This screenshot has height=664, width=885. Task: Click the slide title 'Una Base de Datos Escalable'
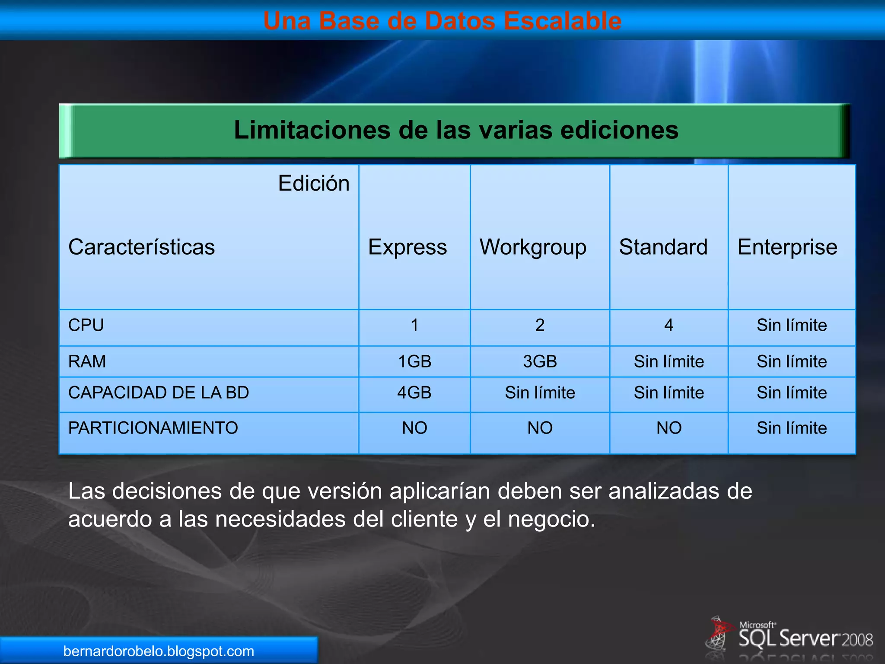pyautogui.click(x=442, y=21)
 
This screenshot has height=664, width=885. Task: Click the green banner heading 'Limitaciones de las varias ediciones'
pyautogui.click(x=456, y=130)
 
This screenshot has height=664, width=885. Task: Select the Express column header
pyautogui.click(x=407, y=247)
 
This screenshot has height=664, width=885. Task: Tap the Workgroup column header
pyautogui.click(x=533, y=247)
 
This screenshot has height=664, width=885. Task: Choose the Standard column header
pyautogui.click(x=663, y=247)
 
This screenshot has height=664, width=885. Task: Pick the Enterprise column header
pyautogui.click(x=787, y=247)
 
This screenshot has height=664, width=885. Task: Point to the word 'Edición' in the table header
pyautogui.click(x=314, y=183)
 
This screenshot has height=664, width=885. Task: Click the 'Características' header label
pyautogui.click(x=141, y=247)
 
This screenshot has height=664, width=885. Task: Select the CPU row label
pyautogui.click(x=86, y=325)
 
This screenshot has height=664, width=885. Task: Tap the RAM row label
pyautogui.click(x=87, y=361)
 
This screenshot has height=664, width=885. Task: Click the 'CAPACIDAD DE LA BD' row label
pyautogui.click(x=159, y=393)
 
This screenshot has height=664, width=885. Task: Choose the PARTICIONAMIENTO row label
pyautogui.click(x=153, y=428)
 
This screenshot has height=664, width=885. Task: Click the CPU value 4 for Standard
pyautogui.click(x=669, y=325)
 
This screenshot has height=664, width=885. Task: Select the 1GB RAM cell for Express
pyautogui.click(x=414, y=361)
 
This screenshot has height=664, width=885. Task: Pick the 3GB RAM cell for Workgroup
pyautogui.click(x=540, y=361)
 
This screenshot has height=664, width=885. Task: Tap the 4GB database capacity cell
pyautogui.click(x=414, y=393)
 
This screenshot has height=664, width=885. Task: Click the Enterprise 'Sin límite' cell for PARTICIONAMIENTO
pyautogui.click(x=792, y=428)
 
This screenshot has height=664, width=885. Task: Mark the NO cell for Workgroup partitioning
pyautogui.click(x=540, y=428)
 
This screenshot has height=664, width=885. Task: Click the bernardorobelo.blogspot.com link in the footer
pyautogui.click(x=159, y=651)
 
